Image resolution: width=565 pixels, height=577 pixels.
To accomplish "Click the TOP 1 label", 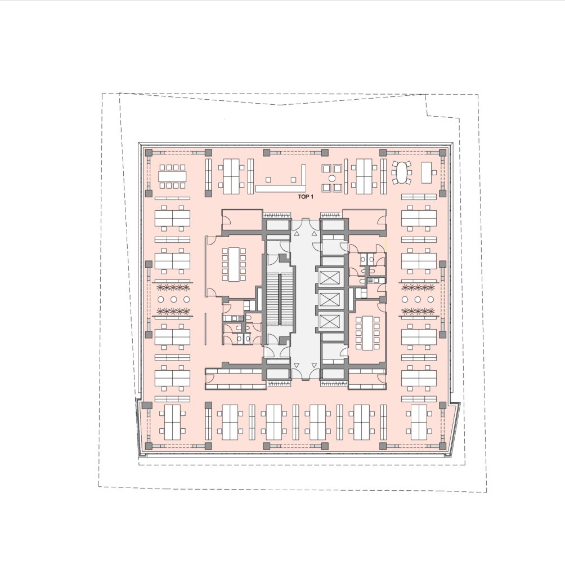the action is (x=306, y=197).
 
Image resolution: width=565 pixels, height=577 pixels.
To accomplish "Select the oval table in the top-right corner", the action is (x=401, y=172).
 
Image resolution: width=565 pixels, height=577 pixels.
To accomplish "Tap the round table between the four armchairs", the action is (x=332, y=178).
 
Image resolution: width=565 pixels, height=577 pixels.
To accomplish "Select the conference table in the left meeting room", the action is (x=234, y=264).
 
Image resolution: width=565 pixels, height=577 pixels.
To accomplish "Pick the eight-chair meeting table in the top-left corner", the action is (x=172, y=176).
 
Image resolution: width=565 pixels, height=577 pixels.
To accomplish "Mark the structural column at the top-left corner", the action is (x=149, y=152).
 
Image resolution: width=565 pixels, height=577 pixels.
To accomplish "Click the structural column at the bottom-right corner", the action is (x=442, y=446).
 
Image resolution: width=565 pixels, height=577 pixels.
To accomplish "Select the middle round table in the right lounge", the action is (x=417, y=299).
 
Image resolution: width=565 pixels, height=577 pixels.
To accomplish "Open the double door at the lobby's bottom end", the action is (x=306, y=374).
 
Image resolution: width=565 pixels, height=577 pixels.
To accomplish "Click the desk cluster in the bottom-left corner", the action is (x=172, y=422).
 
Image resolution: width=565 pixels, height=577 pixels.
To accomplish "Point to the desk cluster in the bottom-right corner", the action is (x=419, y=422).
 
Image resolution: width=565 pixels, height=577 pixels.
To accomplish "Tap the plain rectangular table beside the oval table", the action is (x=427, y=172).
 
